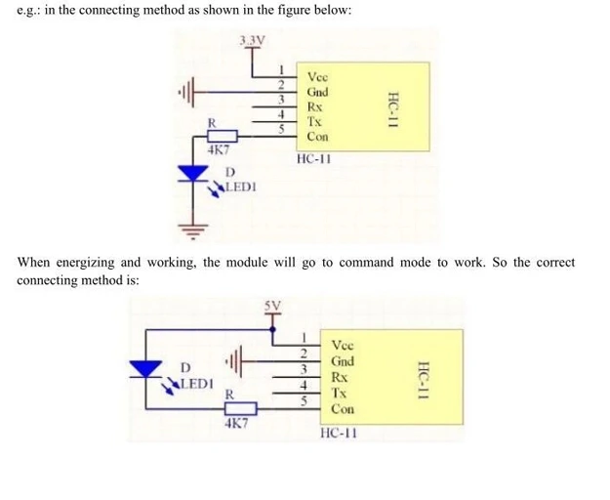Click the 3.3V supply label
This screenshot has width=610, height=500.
pos(253,40)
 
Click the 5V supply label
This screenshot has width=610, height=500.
pos(272,306)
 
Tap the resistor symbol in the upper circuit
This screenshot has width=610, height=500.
pos(223,136)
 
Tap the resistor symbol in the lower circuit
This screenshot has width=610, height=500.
pos(241,408)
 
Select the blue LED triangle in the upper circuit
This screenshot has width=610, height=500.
pos(193,173)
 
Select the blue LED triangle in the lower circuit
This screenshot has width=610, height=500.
pos(145,369)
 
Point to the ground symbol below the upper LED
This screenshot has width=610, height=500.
pos(193,231)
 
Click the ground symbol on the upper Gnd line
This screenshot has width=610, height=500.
pos(186,92)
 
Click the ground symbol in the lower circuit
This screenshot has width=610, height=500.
pos(234,361)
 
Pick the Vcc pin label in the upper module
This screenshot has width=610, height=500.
pos(317,76)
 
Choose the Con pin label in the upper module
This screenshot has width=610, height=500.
pos(317,137)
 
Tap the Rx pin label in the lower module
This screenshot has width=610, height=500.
pos(339,377)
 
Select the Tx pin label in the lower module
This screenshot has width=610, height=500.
pos(339,393)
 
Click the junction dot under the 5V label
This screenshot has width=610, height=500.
pos(272,330)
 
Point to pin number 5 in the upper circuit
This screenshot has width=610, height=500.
pos(281,129)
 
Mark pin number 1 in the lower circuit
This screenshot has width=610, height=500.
pos(305,337)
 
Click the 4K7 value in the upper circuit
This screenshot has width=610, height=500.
pos(219,150)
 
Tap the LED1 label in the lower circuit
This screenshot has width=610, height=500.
pos(197,384)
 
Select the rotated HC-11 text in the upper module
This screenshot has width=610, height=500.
pos(393,110)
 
